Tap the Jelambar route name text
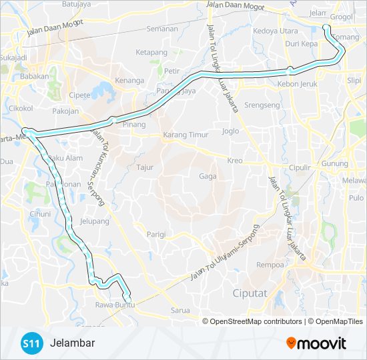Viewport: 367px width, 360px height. tap(72, 343)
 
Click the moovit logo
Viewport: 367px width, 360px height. tap(316, 344)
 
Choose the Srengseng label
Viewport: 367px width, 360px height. tap(262, 105)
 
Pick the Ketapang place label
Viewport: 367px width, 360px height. tap(151, 51)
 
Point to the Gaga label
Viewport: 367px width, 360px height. tap(207, 176)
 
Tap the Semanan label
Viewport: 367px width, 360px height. tap(162, 29)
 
